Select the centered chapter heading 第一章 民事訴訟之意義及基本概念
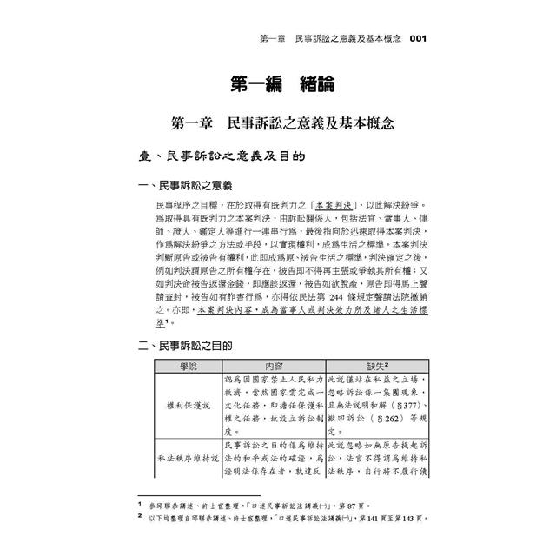click(277, 124)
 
